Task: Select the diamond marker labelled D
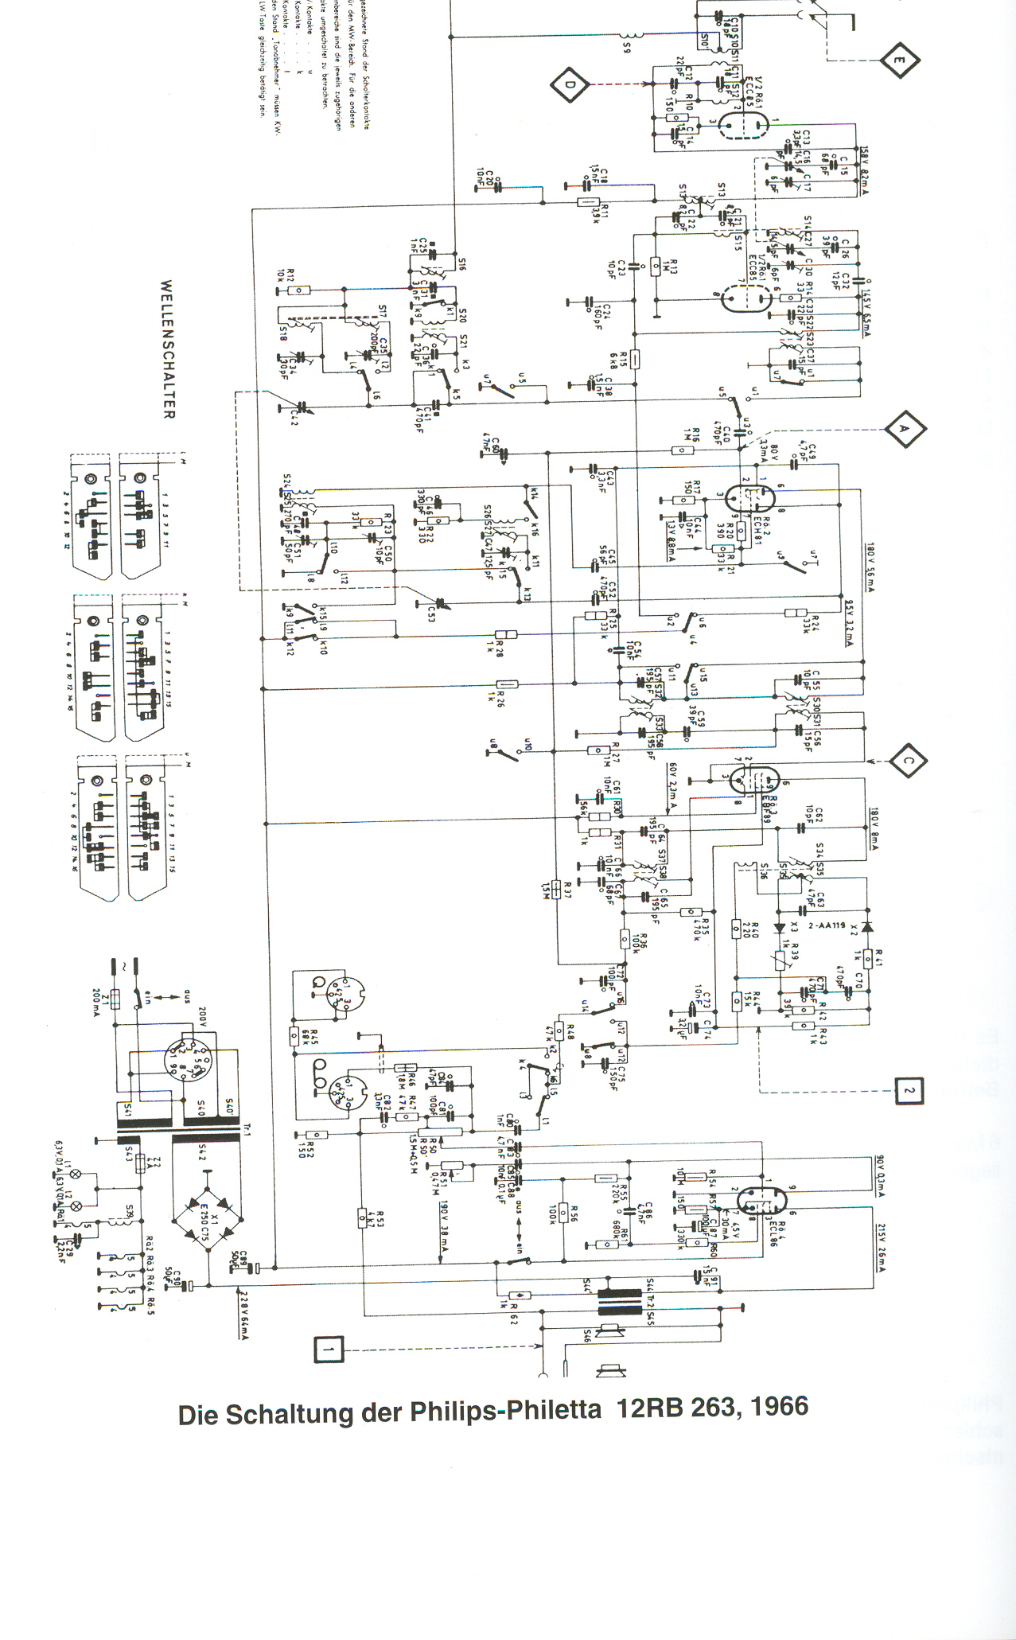coord(568,84)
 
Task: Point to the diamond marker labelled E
coord(899,60)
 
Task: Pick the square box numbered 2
coord(909,1090)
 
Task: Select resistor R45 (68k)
coord(294,1035)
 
